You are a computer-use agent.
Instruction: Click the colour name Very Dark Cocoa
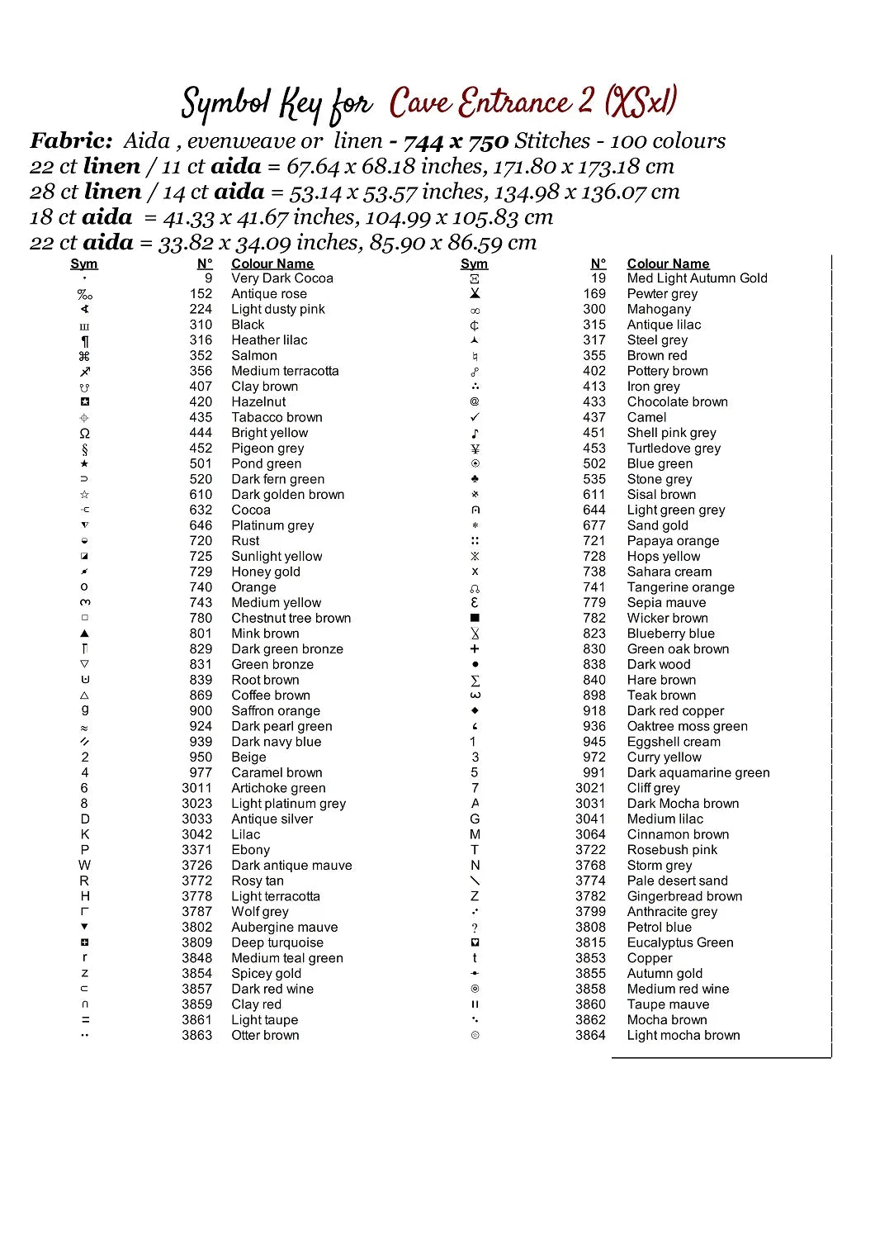point(282,278)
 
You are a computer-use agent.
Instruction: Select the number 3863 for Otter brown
point(197,1035)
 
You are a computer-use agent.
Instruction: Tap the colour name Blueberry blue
point(670,634)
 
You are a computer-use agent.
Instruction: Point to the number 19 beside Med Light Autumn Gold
point(598,278)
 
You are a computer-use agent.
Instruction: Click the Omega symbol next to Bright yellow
point(84,433)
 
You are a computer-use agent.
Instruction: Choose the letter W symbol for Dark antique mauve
point(84,865)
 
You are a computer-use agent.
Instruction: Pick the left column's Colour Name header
point(272,263)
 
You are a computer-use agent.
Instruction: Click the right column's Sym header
point(474,263)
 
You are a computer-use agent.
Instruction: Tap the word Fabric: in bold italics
point(71,141)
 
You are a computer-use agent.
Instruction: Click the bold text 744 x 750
point(456,141)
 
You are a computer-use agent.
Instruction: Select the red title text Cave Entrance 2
point(492,103)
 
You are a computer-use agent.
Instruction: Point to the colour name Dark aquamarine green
point(698,772)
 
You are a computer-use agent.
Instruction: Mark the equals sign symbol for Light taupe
point(84,1020)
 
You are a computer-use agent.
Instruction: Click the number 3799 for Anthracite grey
point(590,911)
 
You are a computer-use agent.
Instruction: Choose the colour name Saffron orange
point(276,710)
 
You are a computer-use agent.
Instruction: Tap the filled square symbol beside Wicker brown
point(475,618)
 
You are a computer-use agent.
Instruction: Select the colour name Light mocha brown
point(683,1035)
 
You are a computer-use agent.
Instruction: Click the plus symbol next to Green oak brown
point(475,649)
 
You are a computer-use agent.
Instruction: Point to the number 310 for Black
point(201,325)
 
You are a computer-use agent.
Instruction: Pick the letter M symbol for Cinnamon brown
point(475,834)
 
